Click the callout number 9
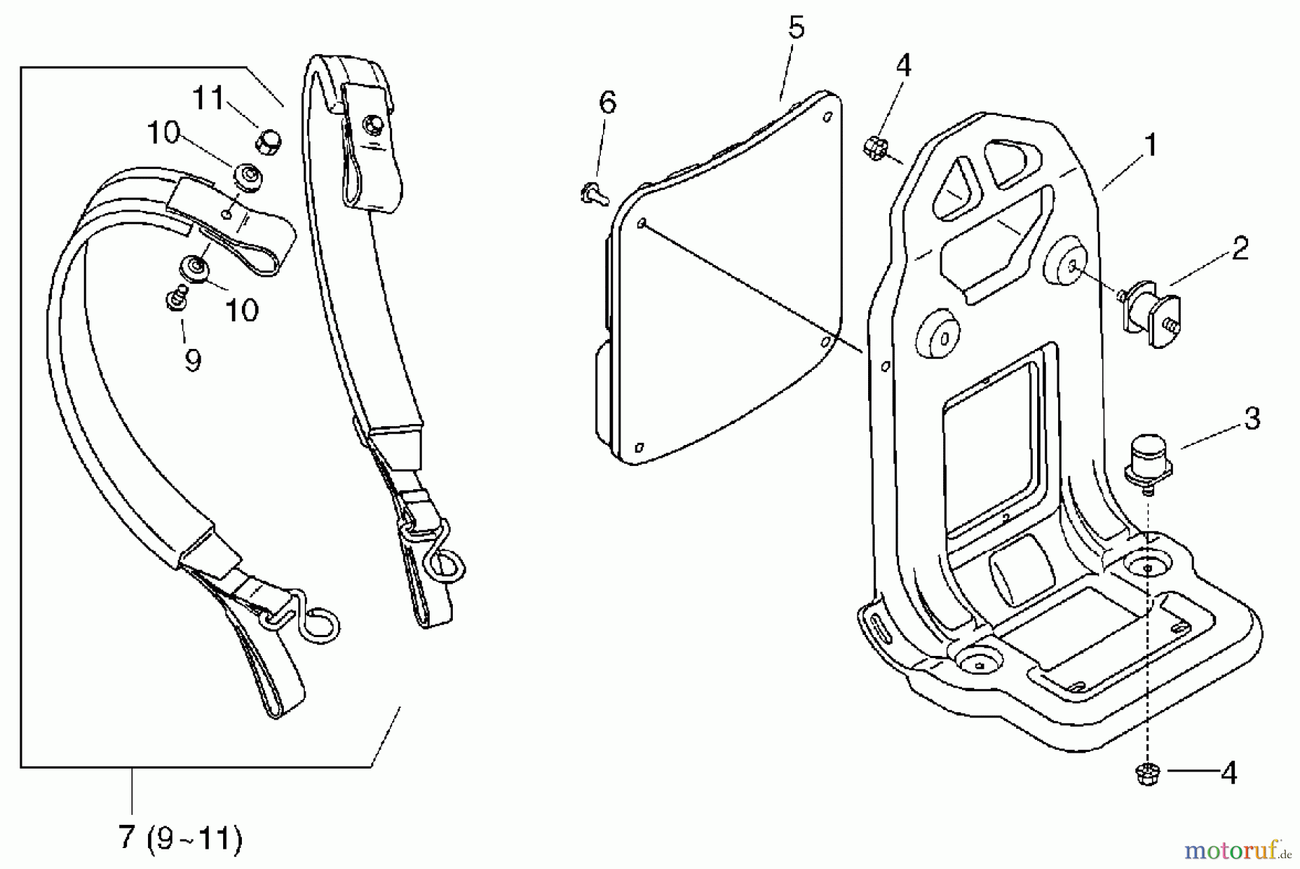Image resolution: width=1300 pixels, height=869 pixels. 192,360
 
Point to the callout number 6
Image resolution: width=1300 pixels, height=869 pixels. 608,102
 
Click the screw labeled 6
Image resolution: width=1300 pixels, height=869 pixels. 591,193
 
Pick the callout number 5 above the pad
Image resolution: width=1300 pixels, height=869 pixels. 795,27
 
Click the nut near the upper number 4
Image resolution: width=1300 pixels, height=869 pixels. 874,147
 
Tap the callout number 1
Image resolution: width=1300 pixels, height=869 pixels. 1151,144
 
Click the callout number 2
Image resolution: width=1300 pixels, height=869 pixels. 1239,248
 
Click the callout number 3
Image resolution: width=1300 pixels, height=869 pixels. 1252,418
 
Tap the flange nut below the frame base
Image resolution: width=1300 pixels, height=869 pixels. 1147,774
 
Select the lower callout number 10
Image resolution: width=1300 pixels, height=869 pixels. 241,311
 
